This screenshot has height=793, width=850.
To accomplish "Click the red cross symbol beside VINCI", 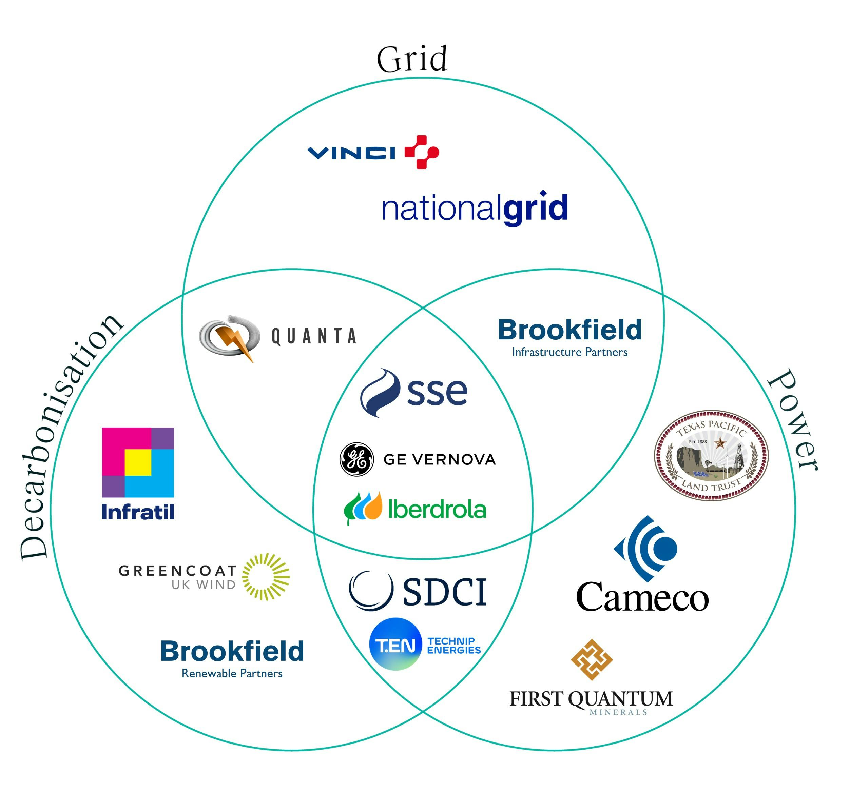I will [422, 152].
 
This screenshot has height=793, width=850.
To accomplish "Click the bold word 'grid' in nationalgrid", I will [535, 208].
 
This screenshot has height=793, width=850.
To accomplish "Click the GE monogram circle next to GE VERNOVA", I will [356, 459].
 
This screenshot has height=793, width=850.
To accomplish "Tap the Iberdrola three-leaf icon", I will [363, 507].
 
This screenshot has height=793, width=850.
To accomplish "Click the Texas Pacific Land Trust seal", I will [711, 455].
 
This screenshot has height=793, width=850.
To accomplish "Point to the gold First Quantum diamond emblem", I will [592, 659].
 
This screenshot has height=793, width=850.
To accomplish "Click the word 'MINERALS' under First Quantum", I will [618, 712].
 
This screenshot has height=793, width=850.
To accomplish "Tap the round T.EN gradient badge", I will [395, 644].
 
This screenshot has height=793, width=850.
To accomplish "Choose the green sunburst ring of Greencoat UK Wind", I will [266, 577].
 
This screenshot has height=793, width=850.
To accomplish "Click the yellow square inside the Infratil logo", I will [138, 462].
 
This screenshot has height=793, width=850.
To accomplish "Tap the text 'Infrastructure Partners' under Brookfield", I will [569, 352].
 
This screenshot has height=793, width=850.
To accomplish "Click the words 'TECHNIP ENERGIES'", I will [453, 646].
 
